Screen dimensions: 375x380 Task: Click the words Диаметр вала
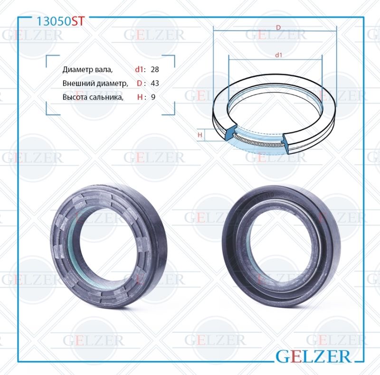coord(87,70)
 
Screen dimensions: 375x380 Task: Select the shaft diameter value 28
coord(154,70)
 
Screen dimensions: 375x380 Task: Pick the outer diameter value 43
coord(154,83)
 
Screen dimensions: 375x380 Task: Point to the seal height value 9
coord(153,97)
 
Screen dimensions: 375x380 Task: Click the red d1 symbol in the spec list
coord(139,70)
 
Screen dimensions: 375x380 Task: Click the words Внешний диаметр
coord(95,83)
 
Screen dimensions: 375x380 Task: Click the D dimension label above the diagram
coord(278,28)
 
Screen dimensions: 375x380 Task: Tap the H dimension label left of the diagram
coord(200,135)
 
